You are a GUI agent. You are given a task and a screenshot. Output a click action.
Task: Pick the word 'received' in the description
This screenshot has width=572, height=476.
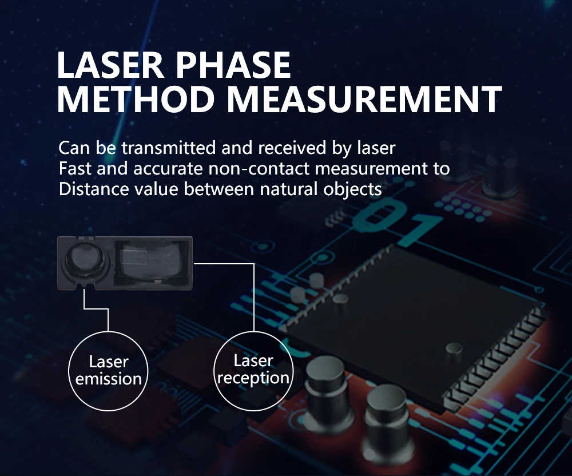coord(292,148)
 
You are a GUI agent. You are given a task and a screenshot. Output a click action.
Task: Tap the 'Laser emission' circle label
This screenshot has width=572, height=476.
coord(108,370)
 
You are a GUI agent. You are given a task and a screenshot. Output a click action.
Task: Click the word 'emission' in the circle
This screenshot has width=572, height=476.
coord(108,379)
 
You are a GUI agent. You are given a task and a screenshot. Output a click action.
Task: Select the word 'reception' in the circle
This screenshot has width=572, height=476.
coord(253,378)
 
